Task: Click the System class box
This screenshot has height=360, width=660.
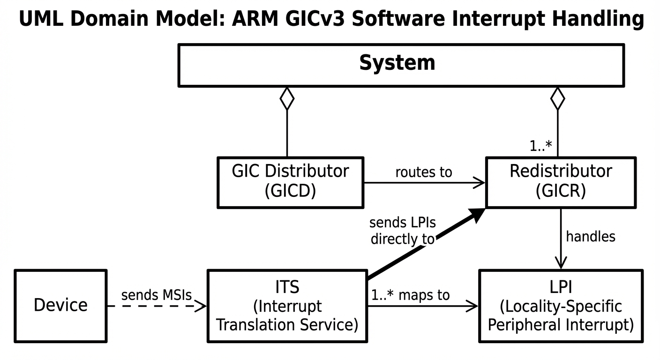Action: coord(401,65)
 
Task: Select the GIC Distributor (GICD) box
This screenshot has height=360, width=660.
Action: coord(290,182)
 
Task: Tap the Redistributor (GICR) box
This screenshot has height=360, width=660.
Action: coord(561,182)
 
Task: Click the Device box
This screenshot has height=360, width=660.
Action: coord(60,306)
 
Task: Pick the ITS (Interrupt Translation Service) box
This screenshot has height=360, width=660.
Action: coord(287,306)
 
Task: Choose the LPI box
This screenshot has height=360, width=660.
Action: coord(561,306)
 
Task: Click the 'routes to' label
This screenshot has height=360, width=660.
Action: coord(424,172)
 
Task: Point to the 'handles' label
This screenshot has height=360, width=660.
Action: coord(591,237)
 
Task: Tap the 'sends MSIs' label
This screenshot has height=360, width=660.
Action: coord(157,295)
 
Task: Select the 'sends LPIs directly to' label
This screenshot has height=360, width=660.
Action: coord(402,230)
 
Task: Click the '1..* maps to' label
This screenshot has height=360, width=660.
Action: coord(410,295)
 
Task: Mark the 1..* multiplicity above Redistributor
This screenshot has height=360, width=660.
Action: coord(541,146)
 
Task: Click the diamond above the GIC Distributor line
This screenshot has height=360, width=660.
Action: coord(287,98)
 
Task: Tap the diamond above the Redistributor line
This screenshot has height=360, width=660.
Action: coord(557,98)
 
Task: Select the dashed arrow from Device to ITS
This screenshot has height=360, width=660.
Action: coord(157,307)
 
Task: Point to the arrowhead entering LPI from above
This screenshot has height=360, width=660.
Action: coord(561,262)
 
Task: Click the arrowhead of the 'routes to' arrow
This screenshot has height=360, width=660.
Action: coord(479,183)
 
